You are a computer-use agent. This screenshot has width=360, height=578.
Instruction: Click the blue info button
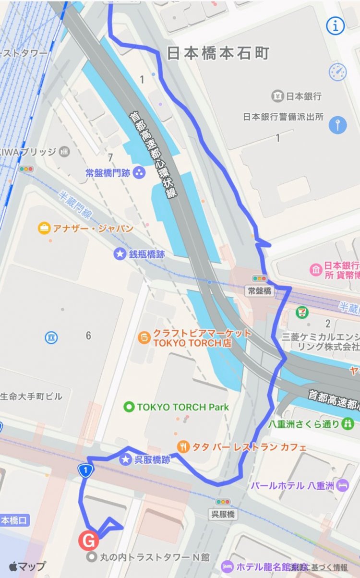336,26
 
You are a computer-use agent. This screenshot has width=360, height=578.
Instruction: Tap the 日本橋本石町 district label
218,53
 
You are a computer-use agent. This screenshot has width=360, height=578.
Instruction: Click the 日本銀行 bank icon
277,96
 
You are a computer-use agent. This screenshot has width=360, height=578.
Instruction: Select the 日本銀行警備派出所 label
283,117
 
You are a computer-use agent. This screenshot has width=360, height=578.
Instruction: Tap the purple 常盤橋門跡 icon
139,173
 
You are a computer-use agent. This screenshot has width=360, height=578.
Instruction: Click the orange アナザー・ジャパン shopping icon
44,229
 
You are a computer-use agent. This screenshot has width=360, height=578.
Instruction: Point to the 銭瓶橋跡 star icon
120,254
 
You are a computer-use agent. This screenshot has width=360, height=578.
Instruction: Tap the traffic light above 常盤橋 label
259,279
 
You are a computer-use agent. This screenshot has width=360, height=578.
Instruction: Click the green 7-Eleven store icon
302,312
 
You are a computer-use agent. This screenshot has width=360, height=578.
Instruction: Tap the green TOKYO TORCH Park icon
129,407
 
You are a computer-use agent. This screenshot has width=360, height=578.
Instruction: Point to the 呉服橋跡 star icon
125,459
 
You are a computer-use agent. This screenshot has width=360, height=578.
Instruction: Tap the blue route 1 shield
85,471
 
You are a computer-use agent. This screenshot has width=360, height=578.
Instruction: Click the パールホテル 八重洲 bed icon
343,485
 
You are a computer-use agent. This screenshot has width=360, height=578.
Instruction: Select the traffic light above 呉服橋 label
223,502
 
